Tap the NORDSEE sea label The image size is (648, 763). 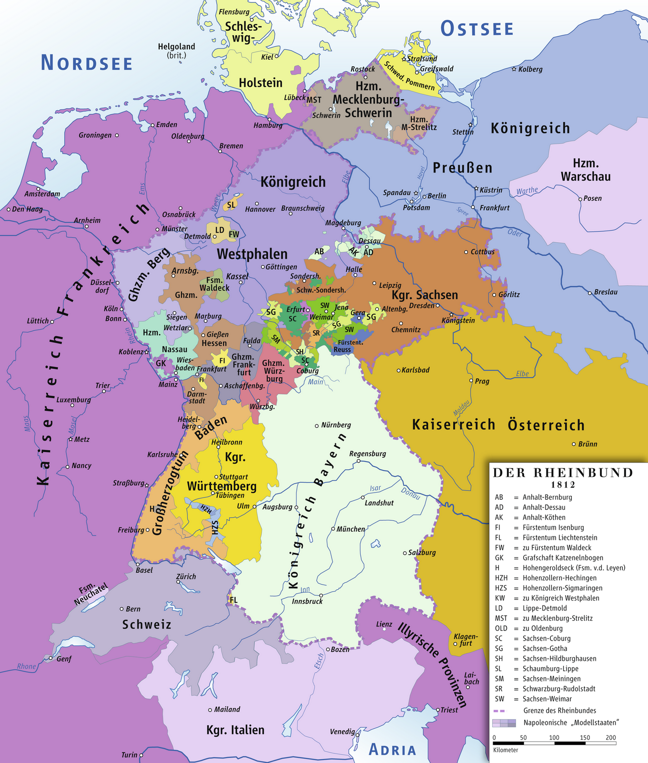[x=86, y=63]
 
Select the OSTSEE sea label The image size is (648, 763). [x=477, y=29]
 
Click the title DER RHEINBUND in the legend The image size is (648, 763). [x=563, y=473]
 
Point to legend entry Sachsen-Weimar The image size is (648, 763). [x=547, y=699]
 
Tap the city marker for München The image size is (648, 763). [x=333, y=529]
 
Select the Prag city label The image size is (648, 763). [x=482, y=381]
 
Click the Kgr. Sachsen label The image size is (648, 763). [x=425, y=295]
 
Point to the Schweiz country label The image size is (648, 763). [x=146, y=624]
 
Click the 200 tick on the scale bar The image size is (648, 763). [x=611, y=738]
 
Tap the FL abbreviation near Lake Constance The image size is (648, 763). [x=233, y=600]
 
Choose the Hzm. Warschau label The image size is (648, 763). [x=586, y=169]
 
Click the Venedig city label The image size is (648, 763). [x=342, y=732]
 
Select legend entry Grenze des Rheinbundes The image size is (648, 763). [x=559, y=711]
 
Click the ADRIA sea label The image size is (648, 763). [x=393, y=750]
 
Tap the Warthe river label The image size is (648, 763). [x=527, y=191]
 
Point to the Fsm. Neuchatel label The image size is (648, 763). [x=91, y=594]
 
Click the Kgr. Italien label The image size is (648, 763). [x=235, y=730]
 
